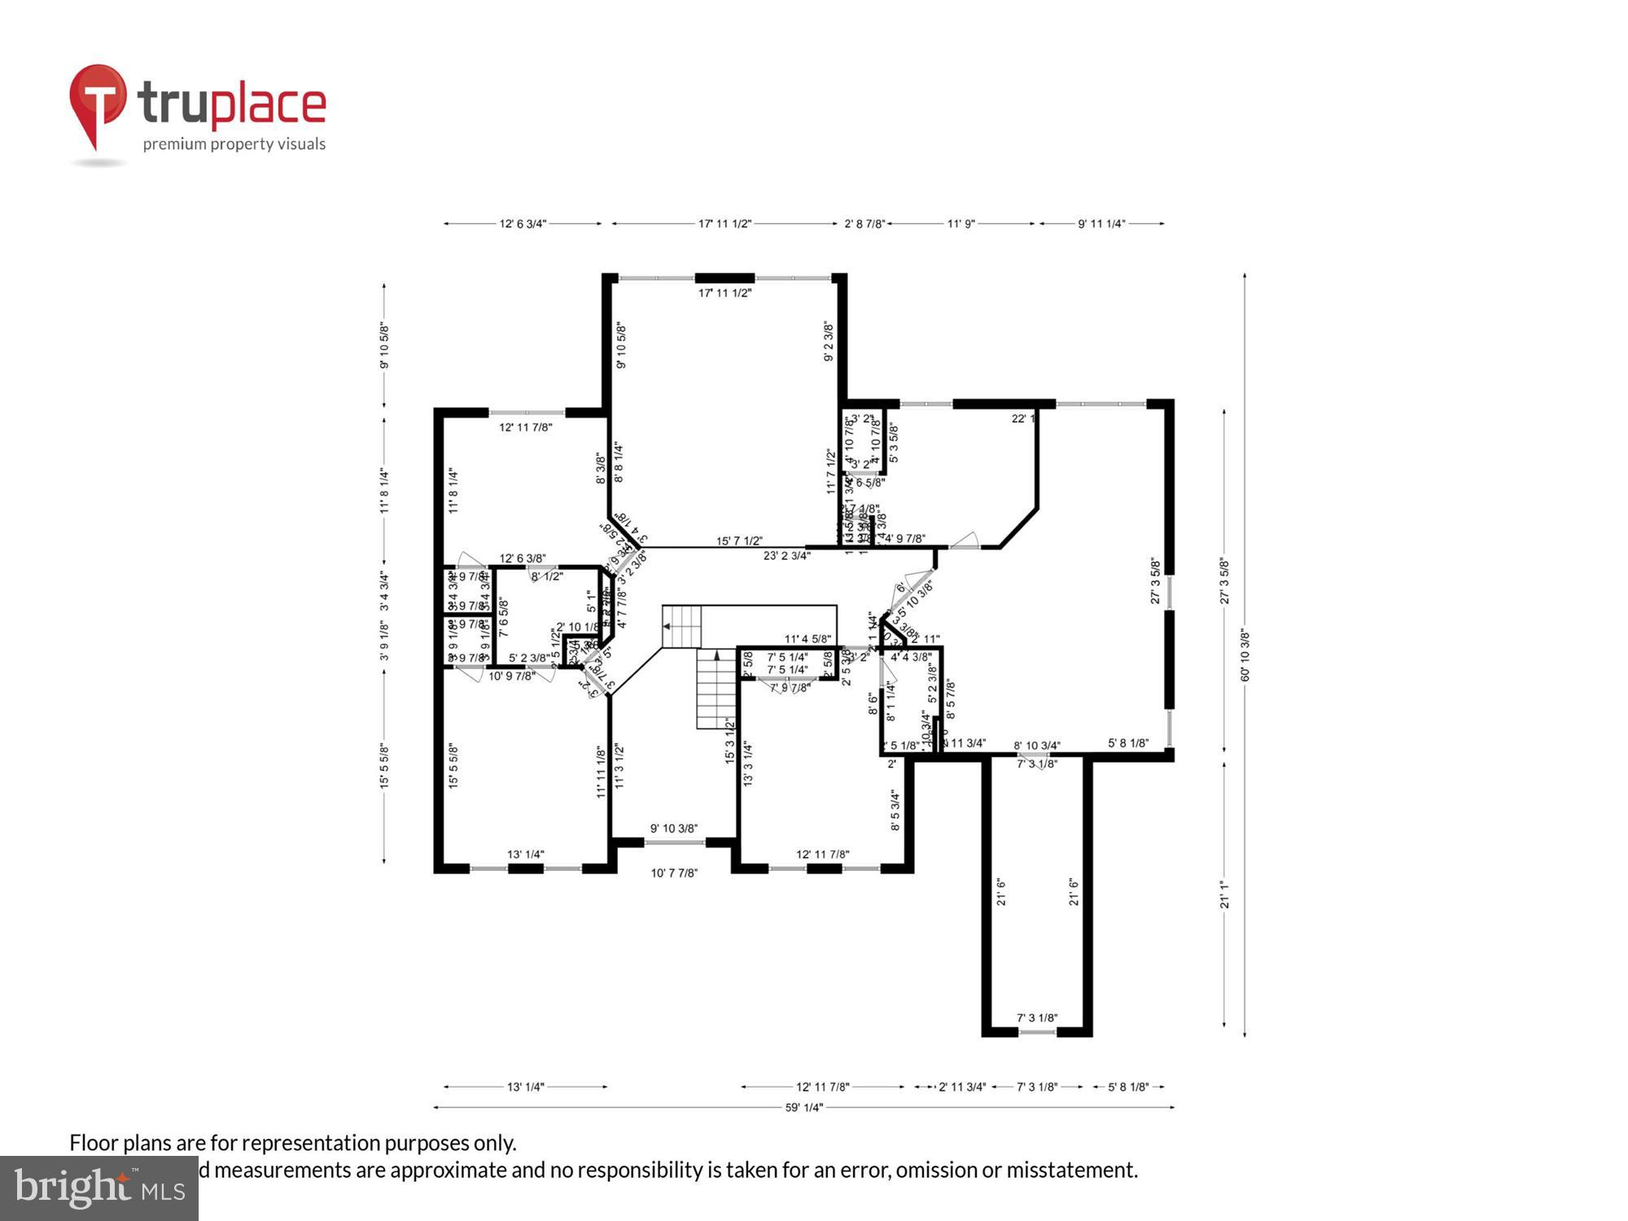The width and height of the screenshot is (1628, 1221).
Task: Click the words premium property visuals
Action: tap(234, 145)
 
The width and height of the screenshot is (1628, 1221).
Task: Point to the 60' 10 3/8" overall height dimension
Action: tap(1245, 654)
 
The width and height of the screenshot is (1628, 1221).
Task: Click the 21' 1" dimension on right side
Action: tap(1223, 894)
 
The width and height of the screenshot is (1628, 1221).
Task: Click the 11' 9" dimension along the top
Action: tap(961, 223)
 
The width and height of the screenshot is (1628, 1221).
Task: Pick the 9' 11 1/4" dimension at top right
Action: tap(1101, 223)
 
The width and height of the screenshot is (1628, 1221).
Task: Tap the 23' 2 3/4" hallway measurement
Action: tap(786, 556)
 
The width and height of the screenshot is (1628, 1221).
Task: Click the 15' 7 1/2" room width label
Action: tap(739, 540)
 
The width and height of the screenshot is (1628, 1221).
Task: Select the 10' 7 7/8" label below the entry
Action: tap(674, 873)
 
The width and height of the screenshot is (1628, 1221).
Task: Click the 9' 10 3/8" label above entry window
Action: tap(674, 829)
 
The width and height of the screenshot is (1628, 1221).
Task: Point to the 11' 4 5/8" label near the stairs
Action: tap(807, 639)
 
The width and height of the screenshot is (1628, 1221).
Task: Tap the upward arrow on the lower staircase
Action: tap(716, 654)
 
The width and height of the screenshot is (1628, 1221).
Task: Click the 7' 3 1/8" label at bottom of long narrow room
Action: tap(1037, 1017)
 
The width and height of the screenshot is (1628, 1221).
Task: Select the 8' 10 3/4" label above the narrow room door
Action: tap(1037, 746)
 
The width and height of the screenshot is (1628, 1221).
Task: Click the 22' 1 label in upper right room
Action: tap(1022, 418)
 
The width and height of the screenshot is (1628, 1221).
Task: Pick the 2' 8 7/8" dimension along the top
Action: tap(864, 223)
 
